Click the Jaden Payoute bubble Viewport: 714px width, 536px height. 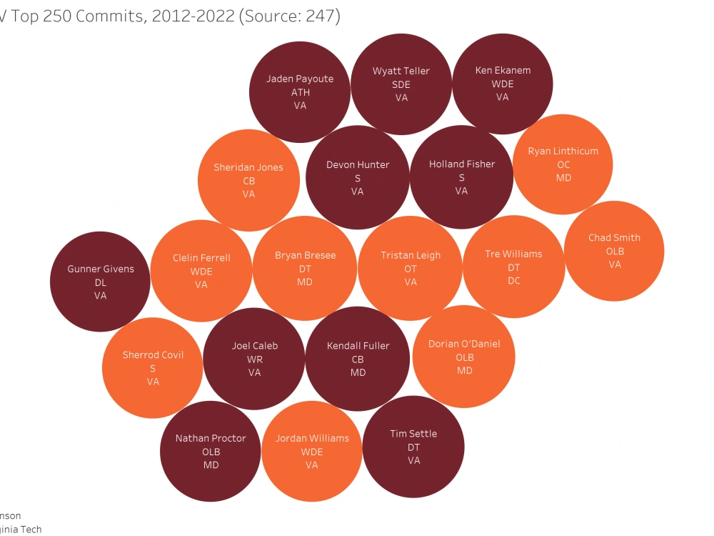point(300,92)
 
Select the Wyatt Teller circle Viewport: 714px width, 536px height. point(401,84)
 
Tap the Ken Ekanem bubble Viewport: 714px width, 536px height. point(503,84)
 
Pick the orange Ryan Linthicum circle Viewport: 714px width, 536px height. point(563,164)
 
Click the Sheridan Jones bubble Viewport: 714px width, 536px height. point(248,180)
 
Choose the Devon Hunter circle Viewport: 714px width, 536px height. point(357,177)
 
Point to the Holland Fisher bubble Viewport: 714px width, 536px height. point(461,177)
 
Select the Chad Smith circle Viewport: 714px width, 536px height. point(614,251)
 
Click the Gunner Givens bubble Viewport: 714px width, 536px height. point(100,282)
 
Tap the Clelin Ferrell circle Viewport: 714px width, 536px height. point(201,272)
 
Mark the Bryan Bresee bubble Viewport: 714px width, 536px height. point(305,268)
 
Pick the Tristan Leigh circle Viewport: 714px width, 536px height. point(411,268)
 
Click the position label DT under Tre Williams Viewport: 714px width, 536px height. point(514,267)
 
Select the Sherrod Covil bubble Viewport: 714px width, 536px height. point(153,368)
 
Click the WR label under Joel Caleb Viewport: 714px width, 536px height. point(255,359)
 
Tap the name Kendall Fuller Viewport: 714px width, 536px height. point(358,346)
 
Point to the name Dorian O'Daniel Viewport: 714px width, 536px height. point(464,344)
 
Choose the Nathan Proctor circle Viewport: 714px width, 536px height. point(211,451)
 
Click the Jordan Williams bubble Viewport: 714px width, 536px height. point(312,451)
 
